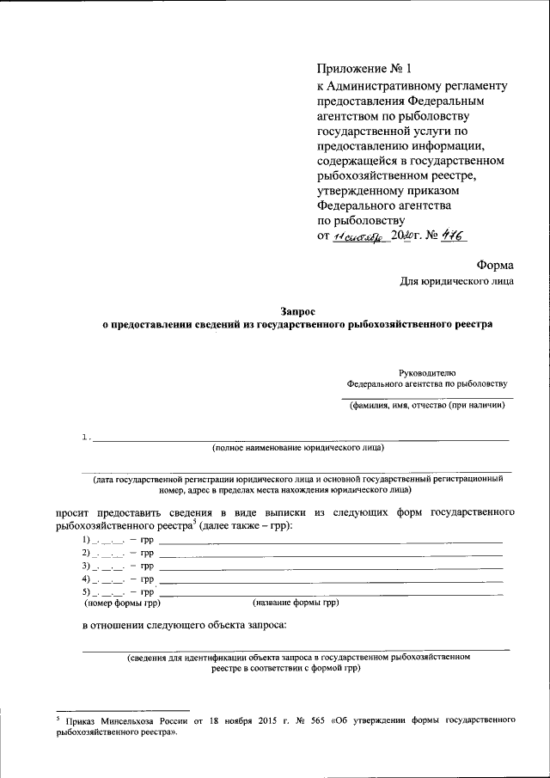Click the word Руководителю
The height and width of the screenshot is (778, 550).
click(427, 372)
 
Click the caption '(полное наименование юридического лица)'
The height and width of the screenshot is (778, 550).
click(297, 448)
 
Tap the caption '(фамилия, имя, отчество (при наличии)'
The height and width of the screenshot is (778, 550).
click(426, 406)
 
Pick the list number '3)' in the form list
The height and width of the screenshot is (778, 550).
click(86, 567)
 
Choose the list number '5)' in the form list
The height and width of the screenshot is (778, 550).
click(86, 593)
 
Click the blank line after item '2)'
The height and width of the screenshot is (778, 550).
click(331, 554)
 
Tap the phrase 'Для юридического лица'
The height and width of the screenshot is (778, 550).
click(458, 281)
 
